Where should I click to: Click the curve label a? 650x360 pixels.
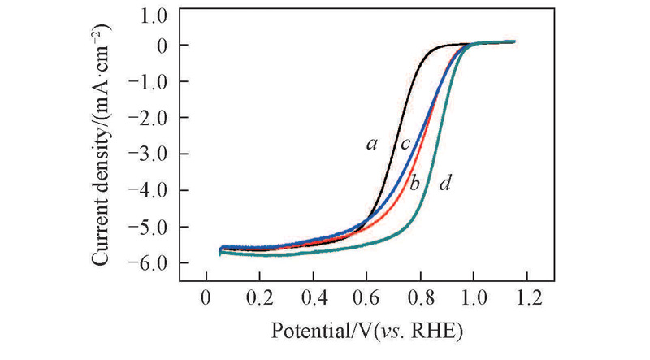tap(372, 145)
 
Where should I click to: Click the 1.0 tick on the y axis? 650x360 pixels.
tap(150, 15)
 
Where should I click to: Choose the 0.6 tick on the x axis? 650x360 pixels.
tap(366, 294)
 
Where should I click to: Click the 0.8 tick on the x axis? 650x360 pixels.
tap(420, 294)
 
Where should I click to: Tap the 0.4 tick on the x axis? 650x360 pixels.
tap(313, 294)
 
